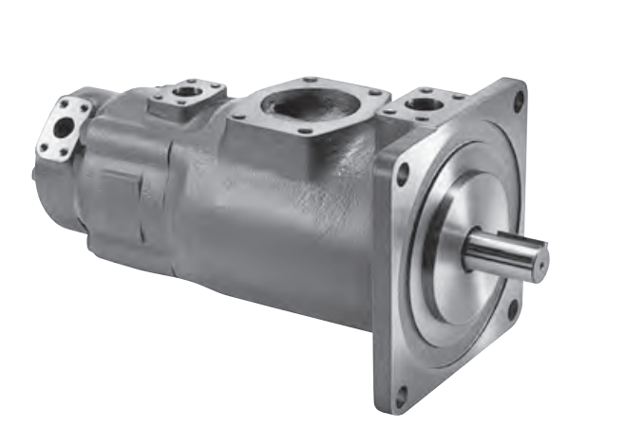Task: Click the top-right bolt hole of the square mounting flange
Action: pos(519,97)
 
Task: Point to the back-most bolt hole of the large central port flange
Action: pos(306,78)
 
